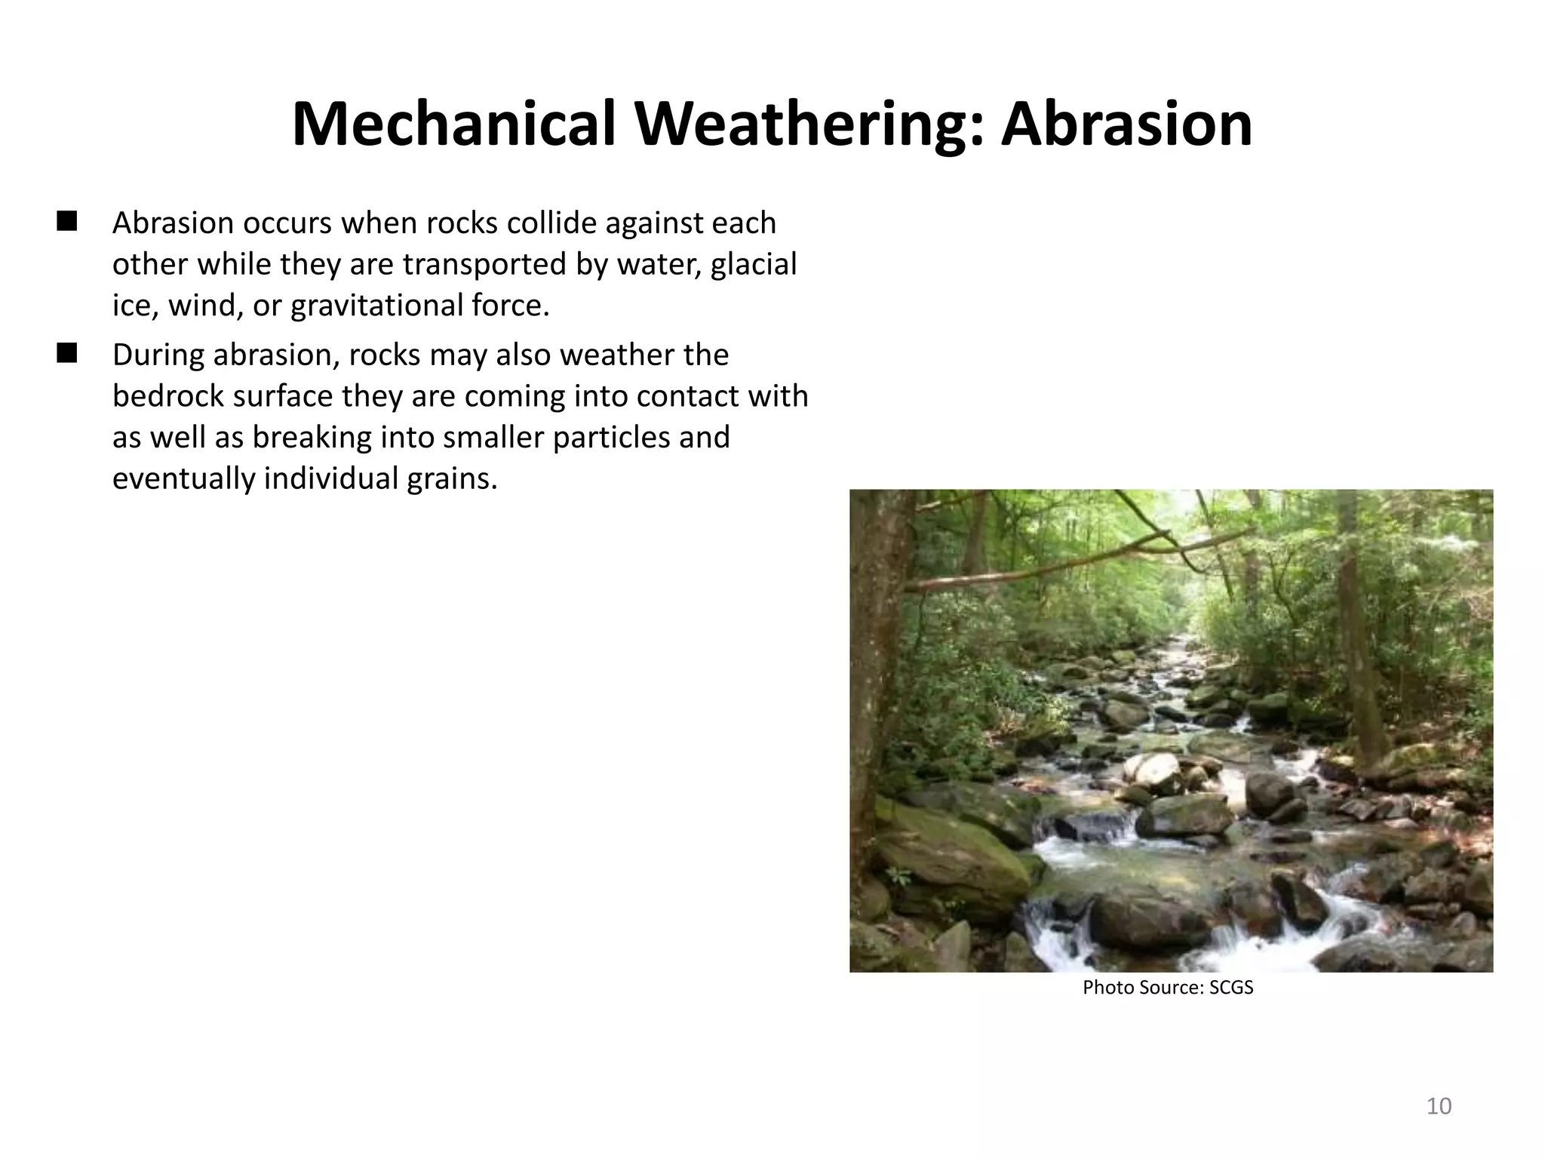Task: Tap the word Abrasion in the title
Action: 1126,124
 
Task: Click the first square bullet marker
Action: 67,221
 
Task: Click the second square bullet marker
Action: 67,352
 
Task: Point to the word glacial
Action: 753,265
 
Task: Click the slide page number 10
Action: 1439,1106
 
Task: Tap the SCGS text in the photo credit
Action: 1230,988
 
